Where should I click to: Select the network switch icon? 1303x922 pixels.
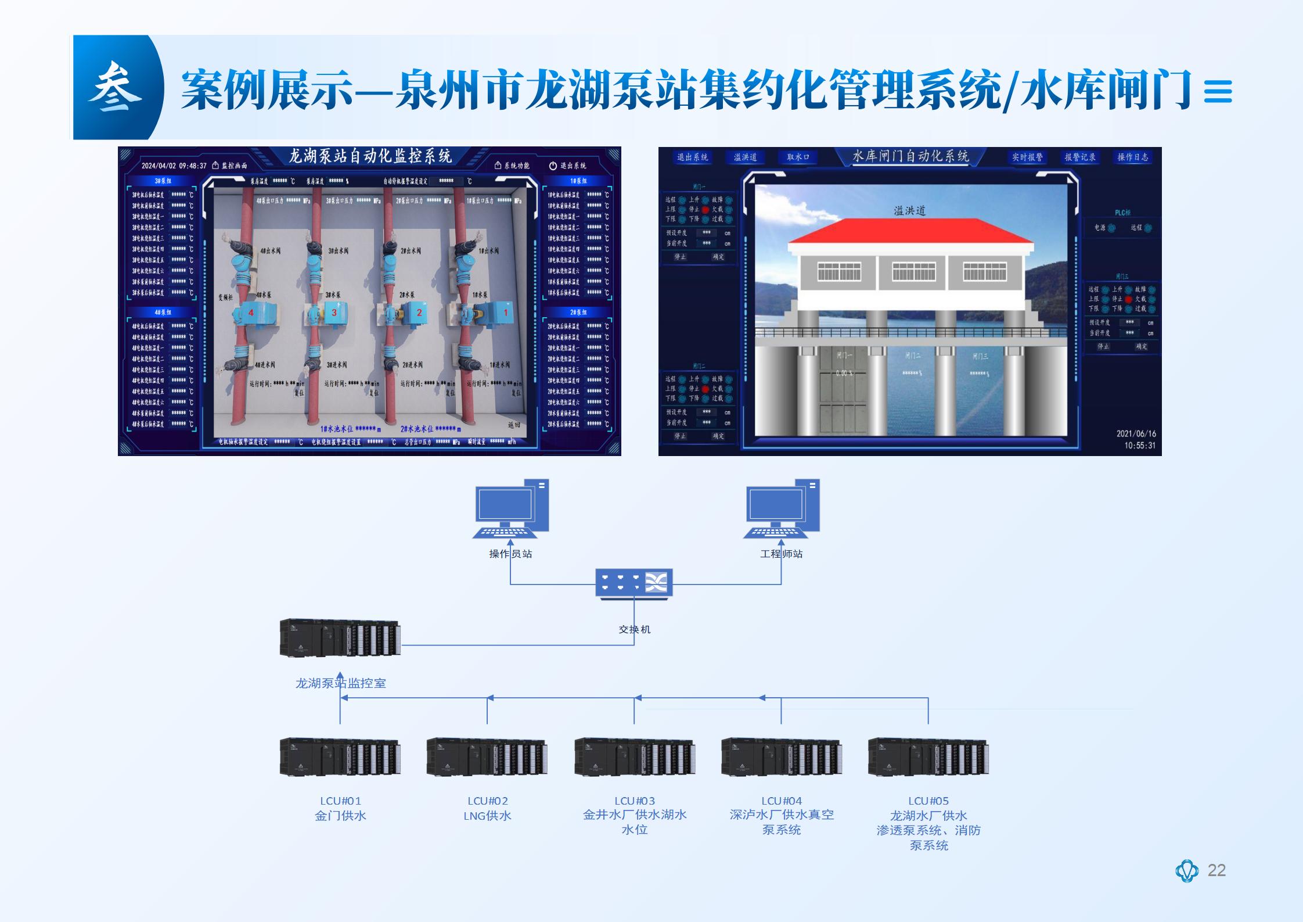click(x=634, y=583)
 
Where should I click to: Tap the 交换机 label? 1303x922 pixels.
click(x=634, y=629)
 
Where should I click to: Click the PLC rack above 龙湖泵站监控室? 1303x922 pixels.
click(x=340, y=638)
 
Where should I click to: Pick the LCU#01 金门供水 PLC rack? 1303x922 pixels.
click(x=340, y=757)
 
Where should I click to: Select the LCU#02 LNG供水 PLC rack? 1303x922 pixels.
click(x=487, y=757)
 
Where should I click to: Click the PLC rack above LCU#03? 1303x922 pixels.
click(x=635, y=757)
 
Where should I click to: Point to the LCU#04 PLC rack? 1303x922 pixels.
click(x=782, y=757)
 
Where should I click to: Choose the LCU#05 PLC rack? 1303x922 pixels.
click(x=928, y=757)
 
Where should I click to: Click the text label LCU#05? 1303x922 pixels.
click(x=928, y=801)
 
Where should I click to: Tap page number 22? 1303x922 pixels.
click(x=1216, y=870)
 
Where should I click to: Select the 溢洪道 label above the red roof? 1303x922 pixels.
click(x=909, y=210)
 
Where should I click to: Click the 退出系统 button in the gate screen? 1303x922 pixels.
click(x=692, y=157)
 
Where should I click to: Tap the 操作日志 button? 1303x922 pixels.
click(x=1132, y=157)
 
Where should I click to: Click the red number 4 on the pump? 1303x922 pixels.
click(x=251, y=313)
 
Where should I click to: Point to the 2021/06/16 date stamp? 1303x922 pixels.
click(x=1136, y=433)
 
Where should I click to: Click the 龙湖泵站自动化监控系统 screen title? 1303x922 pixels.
click(x=370, y=156)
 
